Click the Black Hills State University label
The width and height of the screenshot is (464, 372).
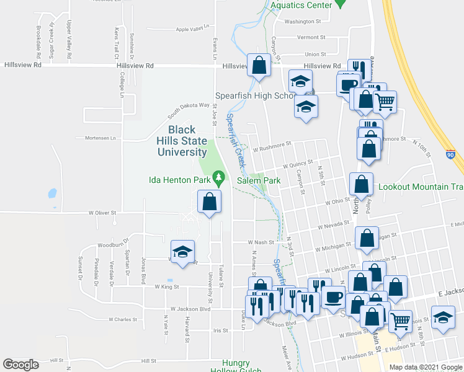[x=185, y=141]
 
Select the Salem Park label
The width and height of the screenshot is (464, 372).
[x=259, y=180]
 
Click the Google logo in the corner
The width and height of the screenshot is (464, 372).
[x=20, y=365]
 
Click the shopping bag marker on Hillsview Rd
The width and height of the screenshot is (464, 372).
[x=258, y=64]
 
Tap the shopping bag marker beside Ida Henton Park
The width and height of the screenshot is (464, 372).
[x=210, y=201]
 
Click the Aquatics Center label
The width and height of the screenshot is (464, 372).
[x=301, y=6]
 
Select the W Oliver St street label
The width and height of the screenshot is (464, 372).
[x=102, y=213]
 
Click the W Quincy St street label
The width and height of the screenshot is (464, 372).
[x=295, y=166]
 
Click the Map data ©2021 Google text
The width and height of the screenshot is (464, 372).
[x=425, y=367]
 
